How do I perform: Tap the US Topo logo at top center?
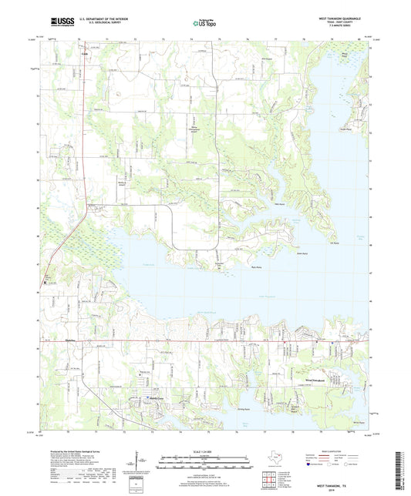204,23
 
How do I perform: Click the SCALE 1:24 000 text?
204,450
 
